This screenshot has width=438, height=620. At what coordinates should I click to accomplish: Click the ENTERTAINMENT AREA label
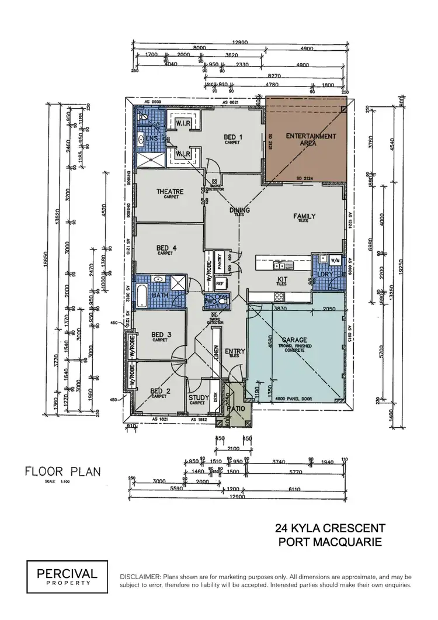click(x=311, y=140)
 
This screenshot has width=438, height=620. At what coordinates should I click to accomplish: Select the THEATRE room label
click(x=170, y=192)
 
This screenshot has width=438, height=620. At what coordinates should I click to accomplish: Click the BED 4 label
click(x=166, y=248)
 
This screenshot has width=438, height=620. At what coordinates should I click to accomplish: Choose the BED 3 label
click(x=161, y=335)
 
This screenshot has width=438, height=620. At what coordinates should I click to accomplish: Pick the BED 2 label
click(x=159, y=391)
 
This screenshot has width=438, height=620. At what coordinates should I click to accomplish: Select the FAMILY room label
click(x=304, y=217)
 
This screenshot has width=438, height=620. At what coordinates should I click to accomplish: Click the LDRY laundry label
click(x=324, y=273)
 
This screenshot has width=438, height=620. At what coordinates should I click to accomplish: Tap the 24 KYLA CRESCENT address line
click(x=330, y=528)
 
